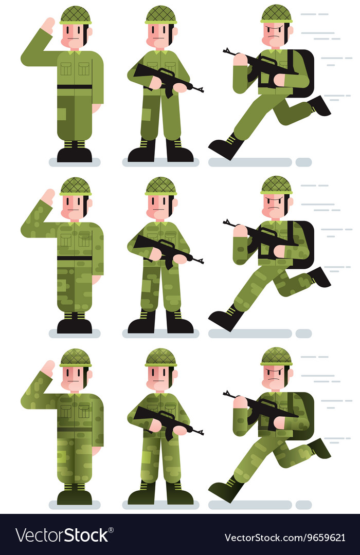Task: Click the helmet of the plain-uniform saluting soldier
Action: (x=75, y=14)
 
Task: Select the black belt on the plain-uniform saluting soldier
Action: (x=75, y=86)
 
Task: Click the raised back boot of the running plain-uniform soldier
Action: (x=320, y=105)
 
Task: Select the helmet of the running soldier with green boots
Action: (x=276, y=356)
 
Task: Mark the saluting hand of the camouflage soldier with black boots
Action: (x=48, y=197)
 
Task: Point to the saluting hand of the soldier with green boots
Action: (x=48, y=368)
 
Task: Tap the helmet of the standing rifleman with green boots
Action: (x=160, y=357)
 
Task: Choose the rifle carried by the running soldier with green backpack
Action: (x=260, y=406)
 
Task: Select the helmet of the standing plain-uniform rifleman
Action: (x=160, y=14)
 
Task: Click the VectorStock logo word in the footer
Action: (x=62, y=535)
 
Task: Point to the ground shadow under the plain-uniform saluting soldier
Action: (x=75, y=162)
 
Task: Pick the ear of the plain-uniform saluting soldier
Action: (x=89, y=32)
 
